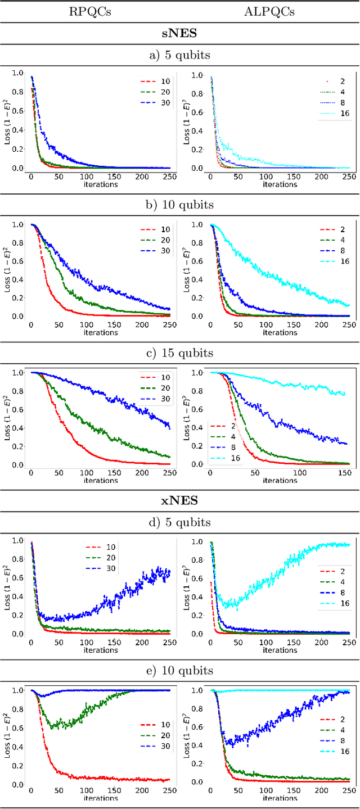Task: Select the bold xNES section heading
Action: (x=180, y=500)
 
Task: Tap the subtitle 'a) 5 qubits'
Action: (x=180, y=55)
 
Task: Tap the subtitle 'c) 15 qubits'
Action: (x=180, y=353)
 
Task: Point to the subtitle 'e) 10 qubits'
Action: (x=180, y=670)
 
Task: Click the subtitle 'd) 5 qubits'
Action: (x=180, y=522)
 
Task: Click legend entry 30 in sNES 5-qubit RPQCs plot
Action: (x=165, y=102)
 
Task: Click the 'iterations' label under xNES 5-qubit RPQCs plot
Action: (x=101, y=649)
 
